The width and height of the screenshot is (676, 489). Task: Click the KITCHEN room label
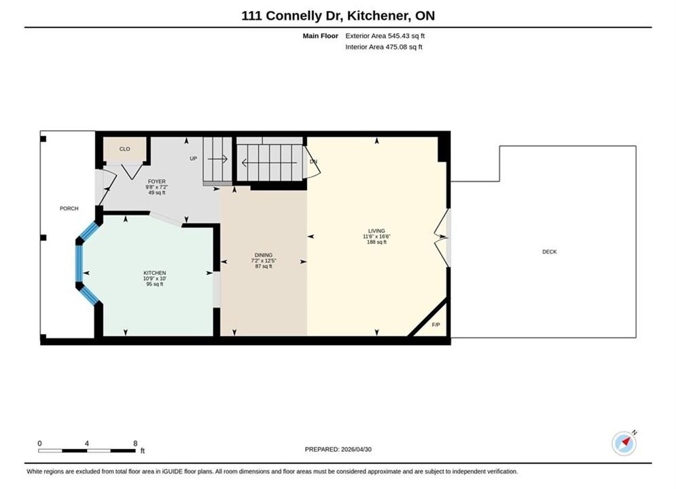(x=155, y=273)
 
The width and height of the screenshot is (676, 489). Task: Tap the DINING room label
(x=264, y=255)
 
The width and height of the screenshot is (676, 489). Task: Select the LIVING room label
(x=376, y=231)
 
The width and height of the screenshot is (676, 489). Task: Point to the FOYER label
(x=156, y=182)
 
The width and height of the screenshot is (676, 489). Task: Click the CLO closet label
(x=124, y=149)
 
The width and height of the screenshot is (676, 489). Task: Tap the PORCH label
(x=69, y=209)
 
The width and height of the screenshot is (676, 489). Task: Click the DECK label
(x=549, y=251)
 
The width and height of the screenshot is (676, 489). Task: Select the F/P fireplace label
(x=436, y=325)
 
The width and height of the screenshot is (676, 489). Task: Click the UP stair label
(x=193, y=158)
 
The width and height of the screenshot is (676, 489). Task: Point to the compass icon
(x=624, y=443)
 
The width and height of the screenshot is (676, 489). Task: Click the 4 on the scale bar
(x=87, y=443)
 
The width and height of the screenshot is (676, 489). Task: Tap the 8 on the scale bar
(x=135, y=443)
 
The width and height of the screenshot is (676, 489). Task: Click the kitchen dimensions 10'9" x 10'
(x=155, y=278)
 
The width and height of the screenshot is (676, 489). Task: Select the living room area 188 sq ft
(x=376, y=242)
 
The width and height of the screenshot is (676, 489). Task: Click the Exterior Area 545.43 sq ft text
(x=385, y=36)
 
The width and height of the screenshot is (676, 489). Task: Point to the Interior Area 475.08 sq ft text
(x=384, y=47)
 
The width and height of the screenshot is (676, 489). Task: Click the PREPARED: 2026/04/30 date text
(x=338, y=450)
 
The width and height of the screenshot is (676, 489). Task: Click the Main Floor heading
(x=320, y=36)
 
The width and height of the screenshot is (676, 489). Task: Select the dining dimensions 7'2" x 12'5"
(x=264, y=261)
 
